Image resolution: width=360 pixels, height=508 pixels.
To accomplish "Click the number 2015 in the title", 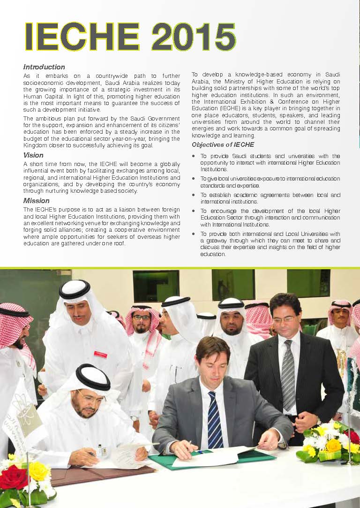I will pos(193,37).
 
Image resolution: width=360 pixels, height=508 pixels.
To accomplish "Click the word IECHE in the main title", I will pos(82,37).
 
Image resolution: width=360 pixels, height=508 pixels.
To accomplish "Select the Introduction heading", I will pos(44,67).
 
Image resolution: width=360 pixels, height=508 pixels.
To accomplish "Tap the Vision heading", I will pos(33,155).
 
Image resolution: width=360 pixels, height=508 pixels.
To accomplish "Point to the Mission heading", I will pos(36,201).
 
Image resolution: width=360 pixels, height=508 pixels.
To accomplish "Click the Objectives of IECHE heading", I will pos(223,145).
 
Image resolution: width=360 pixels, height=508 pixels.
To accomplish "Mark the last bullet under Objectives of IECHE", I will pos(194,234).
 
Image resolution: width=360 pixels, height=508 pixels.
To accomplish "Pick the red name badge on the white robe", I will pos(100,354).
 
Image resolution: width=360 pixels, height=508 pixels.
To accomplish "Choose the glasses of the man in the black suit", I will pos(284,319).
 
